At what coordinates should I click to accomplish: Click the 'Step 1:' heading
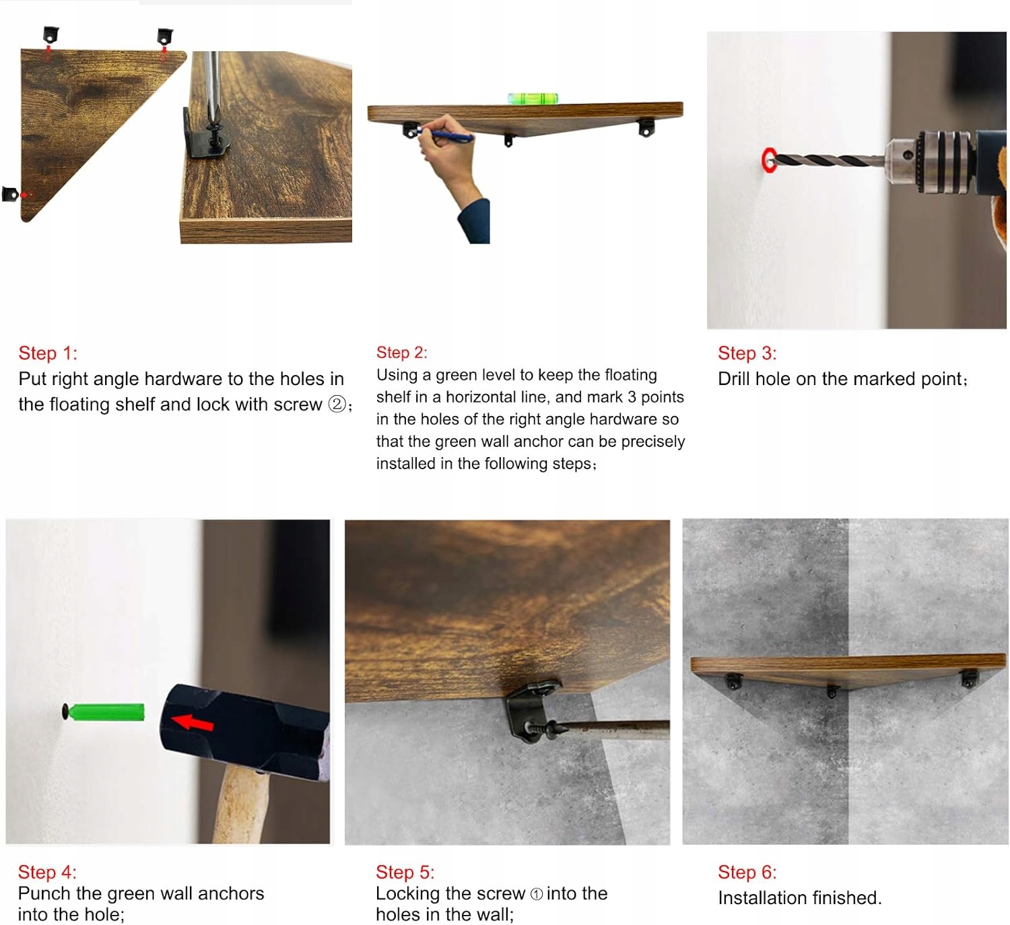(x=48, y=353)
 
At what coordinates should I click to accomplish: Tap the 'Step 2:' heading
(x=401, y=353)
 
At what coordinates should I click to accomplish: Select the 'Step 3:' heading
(x=747, y=353)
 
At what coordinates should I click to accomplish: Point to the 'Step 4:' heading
(x=47, y=872)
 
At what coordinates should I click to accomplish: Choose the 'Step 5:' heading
(x=405, y=872)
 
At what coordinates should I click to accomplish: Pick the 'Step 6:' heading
(x=747, y=872)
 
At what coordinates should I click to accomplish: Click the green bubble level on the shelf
(x=532, y=98)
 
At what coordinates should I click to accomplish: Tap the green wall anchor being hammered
(x=106, y=712)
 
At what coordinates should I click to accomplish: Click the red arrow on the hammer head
(x=192, y=722)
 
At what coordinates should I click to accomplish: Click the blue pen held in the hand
(x=446, y=135)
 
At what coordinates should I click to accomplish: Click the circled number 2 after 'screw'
(x=337, y=404)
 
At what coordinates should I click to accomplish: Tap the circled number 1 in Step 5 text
(x=536, y=894)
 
